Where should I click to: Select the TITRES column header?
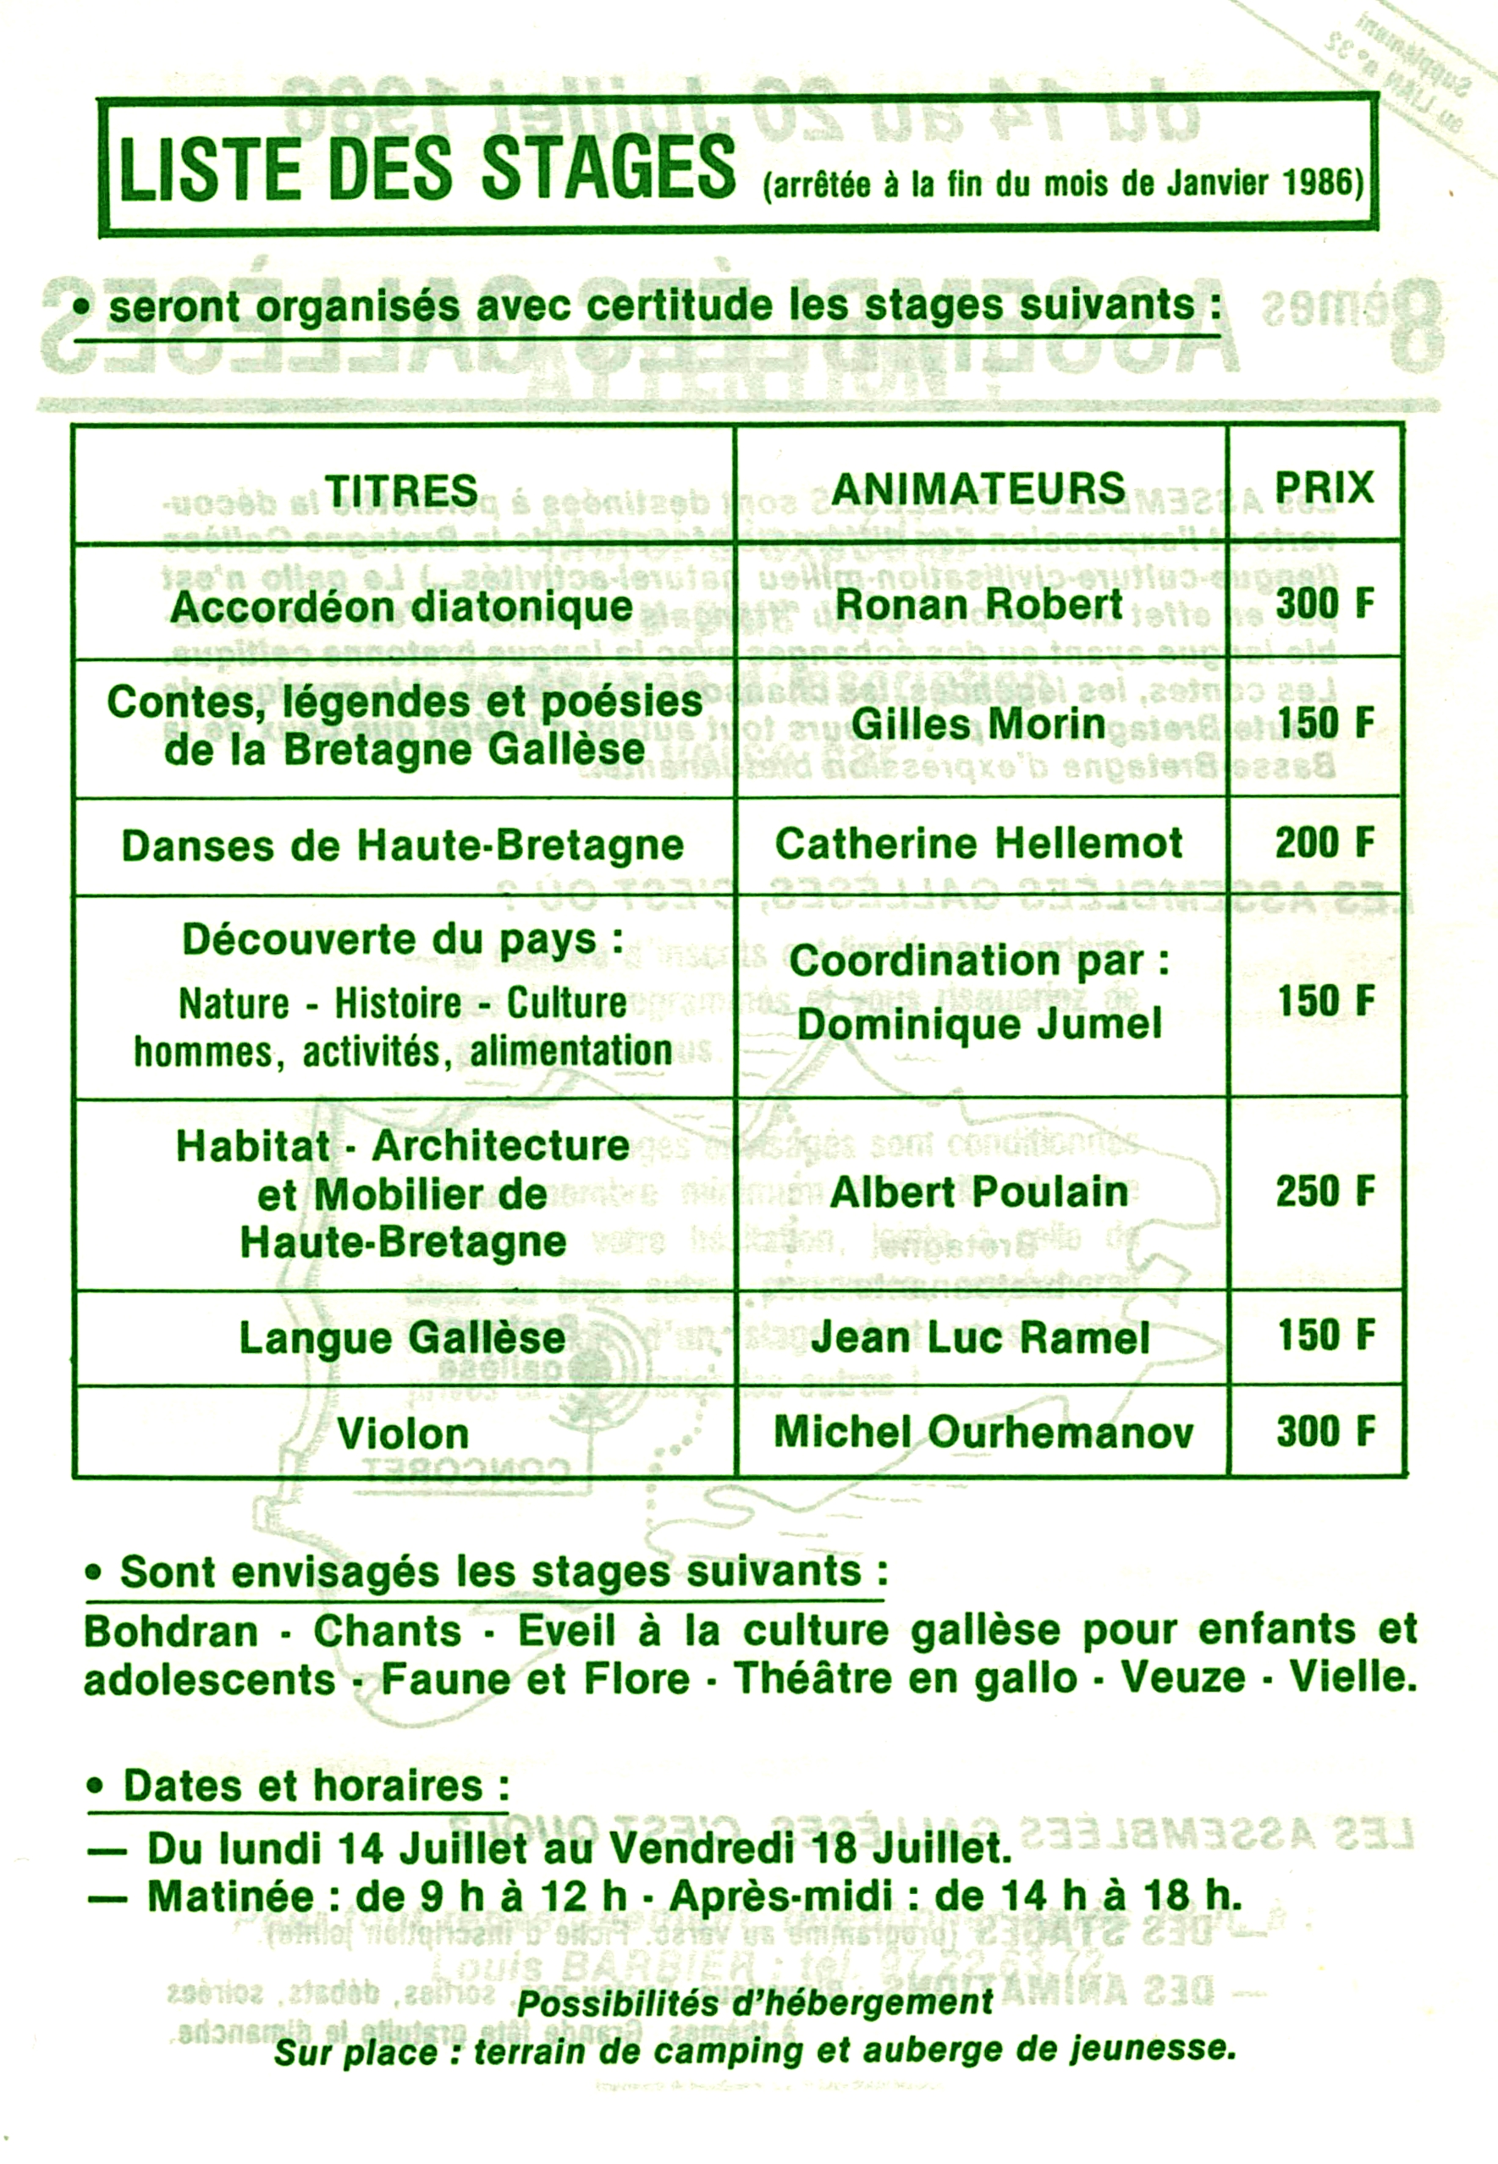coord(401,490)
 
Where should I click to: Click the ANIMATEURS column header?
coord(979,488)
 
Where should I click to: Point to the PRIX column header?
coord(1324,487)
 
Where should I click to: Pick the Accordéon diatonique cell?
coord(402,606)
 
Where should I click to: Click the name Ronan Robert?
coord(979,604)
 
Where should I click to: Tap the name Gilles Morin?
coord(979,724)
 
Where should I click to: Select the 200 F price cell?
coord(1324,843)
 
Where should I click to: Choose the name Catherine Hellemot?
coord(979,844)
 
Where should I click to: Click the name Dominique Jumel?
coord(979,1023)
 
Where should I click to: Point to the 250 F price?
coord(1324,1191)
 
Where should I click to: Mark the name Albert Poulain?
coord(979,1192)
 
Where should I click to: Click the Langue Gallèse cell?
coord(402,1337)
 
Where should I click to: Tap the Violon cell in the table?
coord(403,1433)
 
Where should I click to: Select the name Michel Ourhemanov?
coord(983,1432)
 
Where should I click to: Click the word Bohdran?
coord(170,1632)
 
